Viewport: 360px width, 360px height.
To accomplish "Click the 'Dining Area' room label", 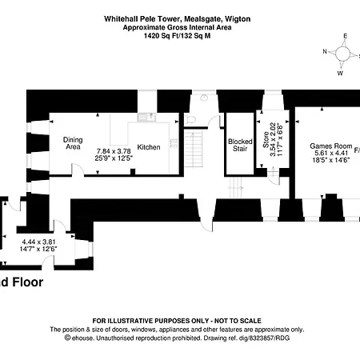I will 73,143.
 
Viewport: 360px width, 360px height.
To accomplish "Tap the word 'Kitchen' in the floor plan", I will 149,147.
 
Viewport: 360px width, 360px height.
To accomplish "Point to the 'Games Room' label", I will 331,145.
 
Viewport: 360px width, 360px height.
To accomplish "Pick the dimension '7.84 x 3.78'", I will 113,150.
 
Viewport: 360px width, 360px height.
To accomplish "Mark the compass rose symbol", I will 342,54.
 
